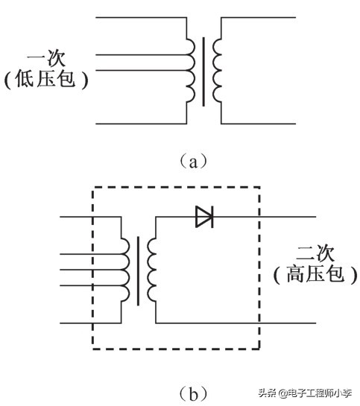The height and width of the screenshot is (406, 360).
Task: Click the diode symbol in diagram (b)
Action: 204,217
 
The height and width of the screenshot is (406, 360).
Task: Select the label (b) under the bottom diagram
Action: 183,391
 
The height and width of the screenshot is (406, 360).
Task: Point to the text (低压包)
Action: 46,79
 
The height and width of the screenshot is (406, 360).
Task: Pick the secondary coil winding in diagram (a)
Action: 218,72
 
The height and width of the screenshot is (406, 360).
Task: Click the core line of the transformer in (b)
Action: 139,271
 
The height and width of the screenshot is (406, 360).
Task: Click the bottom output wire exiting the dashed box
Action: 291,323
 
